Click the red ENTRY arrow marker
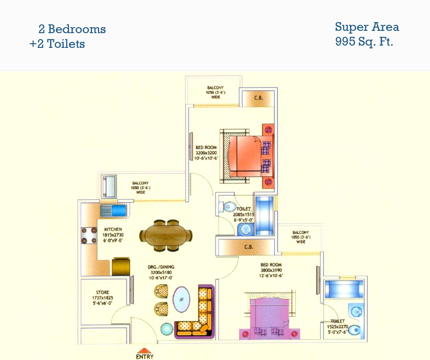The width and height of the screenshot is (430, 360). [x=145, y=350]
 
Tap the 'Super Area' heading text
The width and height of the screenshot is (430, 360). [x=367, y=27]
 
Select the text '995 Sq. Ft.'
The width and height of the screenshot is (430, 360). [x=364, y=42]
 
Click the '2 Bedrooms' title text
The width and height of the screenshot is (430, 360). [x=72, y=29]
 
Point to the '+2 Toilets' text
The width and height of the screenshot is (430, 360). [x=57, y=44]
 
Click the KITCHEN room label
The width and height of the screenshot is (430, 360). [x=113, y=229]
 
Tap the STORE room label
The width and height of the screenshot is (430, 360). [x=102, y=292]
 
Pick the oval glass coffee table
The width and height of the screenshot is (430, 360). [x=181, y=300]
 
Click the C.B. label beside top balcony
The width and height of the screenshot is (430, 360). [x=258, y=98]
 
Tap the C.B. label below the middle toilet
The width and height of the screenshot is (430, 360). [x=248, y=247]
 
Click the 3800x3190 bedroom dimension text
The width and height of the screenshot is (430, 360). [x=271, y=270]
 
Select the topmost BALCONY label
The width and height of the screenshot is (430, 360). [x=215, y=87]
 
